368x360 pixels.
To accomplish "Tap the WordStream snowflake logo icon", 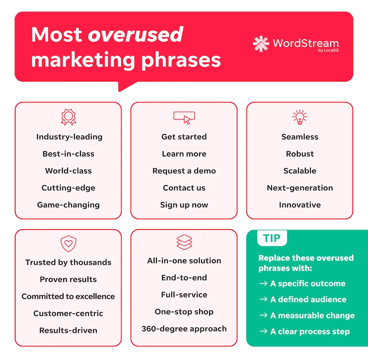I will (x=261, y=44).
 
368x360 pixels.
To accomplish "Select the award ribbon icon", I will (x=68, y=117).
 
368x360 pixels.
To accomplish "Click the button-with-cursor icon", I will (x=184, y=117).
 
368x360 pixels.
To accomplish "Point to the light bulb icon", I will (x=300, y=117).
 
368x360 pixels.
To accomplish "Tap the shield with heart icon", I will (x=68, y=244).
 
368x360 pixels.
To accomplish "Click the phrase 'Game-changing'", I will (x=68, y=205).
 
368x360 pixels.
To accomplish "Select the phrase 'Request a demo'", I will (x=184, y=171).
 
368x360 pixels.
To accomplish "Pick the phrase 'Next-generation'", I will (x=300, y=188).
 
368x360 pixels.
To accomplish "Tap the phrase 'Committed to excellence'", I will (x=68, y=296).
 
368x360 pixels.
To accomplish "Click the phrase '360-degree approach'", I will (x=184, y=329).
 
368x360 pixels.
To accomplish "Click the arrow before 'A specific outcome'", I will (x=263, y=284).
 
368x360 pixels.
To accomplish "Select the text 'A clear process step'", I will (x=310, y=332).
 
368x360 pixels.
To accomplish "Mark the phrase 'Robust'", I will (x=300, y=154).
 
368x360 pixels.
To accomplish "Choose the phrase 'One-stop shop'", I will (x=184, y=312).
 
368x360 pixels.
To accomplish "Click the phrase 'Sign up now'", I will (x=184, y=205).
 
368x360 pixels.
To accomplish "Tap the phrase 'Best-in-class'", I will (x=68, y=154).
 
